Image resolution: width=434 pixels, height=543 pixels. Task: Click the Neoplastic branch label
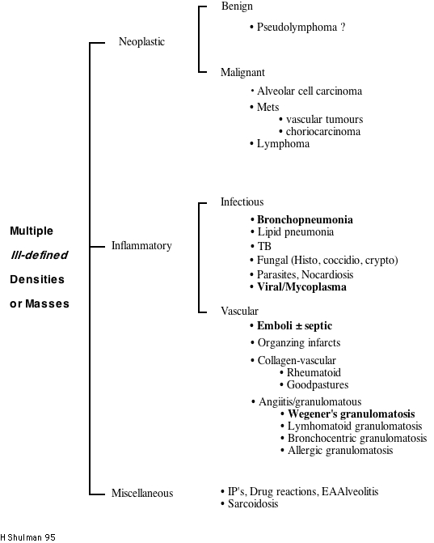click(141, 41)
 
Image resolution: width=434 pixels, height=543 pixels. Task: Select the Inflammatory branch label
click(141, 245)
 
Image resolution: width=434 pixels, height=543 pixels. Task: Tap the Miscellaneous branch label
click(142, 493)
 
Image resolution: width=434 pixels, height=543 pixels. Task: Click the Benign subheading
click(237, 6)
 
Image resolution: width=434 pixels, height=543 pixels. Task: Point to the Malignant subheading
click(242, 72)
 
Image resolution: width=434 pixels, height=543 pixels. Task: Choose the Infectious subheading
click(242, 202)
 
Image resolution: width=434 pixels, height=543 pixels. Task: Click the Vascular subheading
click(239, 310)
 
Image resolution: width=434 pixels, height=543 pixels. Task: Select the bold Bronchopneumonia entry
click(305, 219)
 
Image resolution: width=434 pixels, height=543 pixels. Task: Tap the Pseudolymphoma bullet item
click(301, 27)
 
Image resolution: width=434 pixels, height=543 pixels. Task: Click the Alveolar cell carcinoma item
click(309, 91)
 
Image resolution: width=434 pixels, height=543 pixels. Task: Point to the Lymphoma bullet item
click(283, 144)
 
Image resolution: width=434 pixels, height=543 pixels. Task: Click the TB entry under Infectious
click(264, 246)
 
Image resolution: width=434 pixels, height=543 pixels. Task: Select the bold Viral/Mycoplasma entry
click(301, 286)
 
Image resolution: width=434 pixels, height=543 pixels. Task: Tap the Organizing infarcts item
click(298, 342)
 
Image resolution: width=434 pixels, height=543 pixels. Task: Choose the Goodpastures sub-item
click(318, 385)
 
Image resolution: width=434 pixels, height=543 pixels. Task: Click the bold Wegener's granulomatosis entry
click(351, 413)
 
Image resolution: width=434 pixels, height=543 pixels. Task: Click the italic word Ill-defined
click(39, 255)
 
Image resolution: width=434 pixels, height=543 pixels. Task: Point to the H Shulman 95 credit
click(28, 537)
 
